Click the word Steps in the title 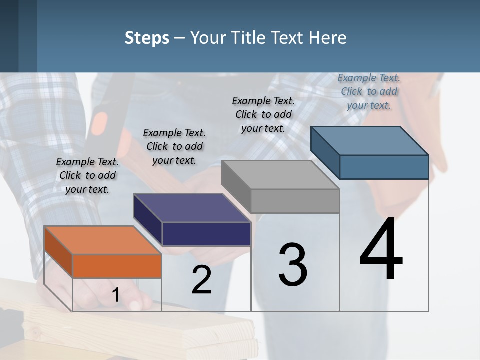tap(147, 38)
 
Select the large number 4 tap(381, 250)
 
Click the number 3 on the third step tap(293, 265)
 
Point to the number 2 tap(201, 280)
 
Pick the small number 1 tap(115, 295)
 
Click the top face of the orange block tap(103, 240)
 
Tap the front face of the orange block tap(117, 266)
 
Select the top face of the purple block tap(192, 207)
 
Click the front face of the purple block tap(206, 234)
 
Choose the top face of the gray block tap(280, 175)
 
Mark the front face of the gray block tap(295, 201)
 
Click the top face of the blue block tap(369, 141)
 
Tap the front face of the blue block tap(384, 167)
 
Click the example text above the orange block tap(87, 175)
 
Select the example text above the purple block tap(174, 146)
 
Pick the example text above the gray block tap(263, 114)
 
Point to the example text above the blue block tap(369, 91)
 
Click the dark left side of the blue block tap(325, 153)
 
